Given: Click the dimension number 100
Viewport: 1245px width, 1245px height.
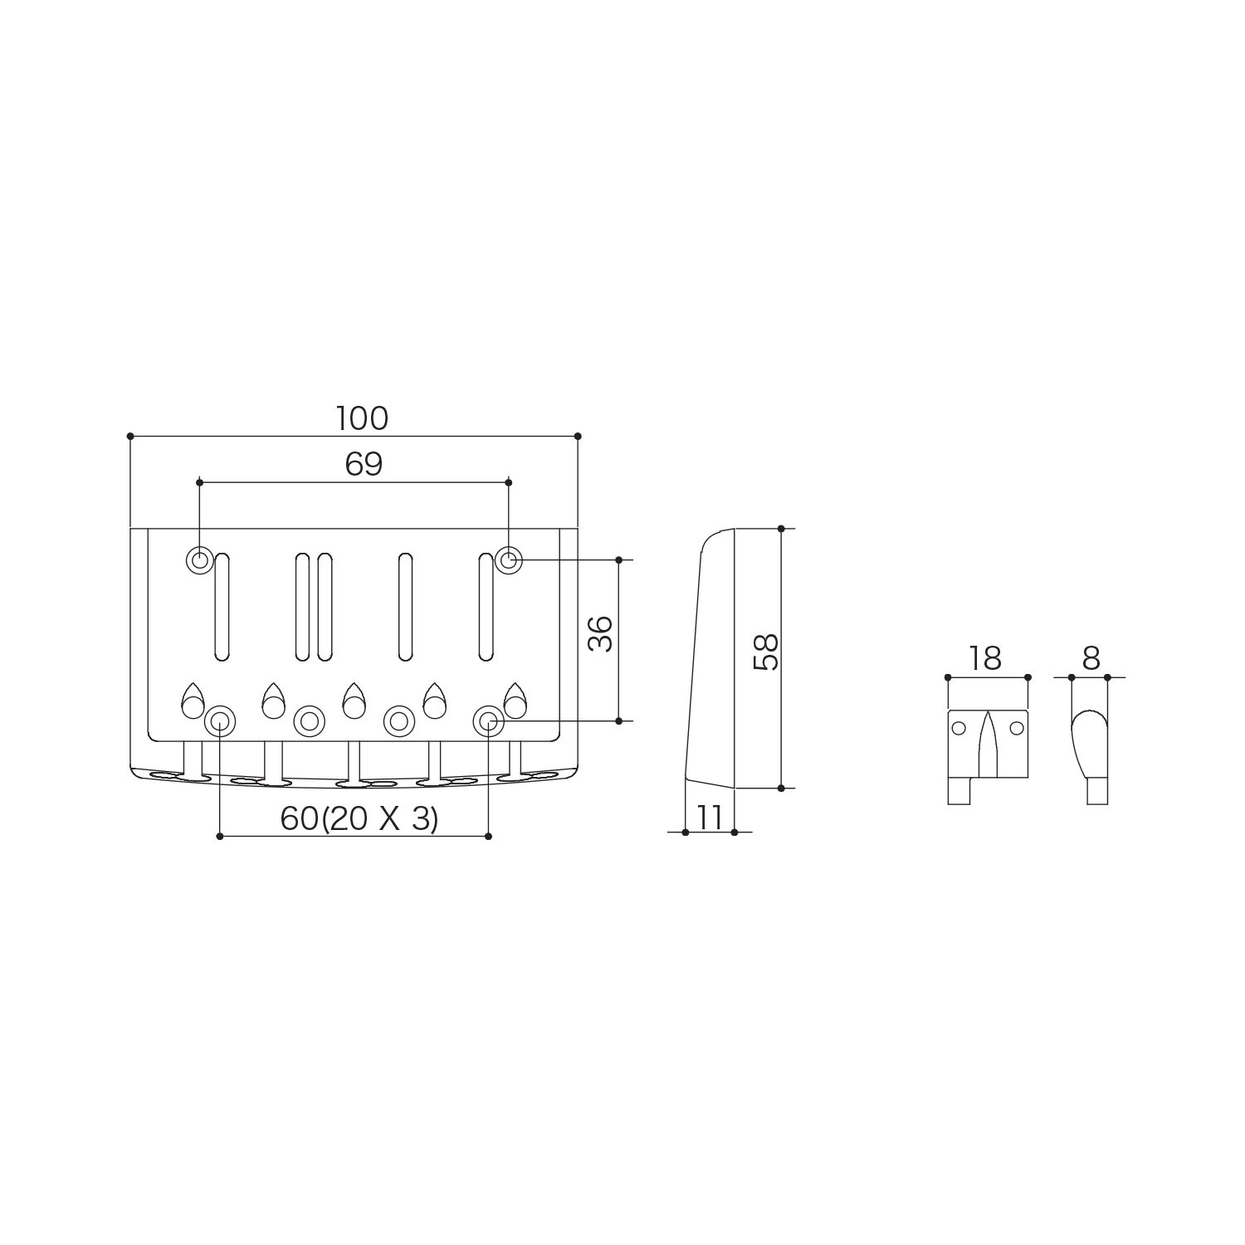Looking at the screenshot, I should click(362, 419).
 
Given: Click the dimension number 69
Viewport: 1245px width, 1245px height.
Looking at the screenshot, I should click(364, 465).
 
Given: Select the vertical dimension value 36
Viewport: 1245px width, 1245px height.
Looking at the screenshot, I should click(600, 634).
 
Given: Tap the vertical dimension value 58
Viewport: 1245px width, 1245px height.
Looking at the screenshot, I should click(765, 652).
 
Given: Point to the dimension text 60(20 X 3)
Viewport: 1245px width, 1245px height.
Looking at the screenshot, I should click(359, 819).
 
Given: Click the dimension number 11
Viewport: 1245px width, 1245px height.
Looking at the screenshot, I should click(710, 818).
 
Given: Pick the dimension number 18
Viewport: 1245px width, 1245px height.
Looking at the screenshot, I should click(985, 659).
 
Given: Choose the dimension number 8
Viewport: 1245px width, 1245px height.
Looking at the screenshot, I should click(1091, 659).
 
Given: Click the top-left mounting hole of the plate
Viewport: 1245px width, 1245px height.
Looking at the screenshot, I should click(199, 560).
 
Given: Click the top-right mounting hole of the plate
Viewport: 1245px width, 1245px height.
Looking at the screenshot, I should click(509, 560).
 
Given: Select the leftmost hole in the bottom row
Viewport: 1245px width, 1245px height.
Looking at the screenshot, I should click(219, 720).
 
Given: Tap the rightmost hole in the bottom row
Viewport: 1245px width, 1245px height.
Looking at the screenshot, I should click(488, 720).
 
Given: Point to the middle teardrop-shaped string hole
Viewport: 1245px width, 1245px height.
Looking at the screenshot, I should click(354, 702).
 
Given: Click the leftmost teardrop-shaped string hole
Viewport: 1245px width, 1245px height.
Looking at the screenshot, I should click(193, 702).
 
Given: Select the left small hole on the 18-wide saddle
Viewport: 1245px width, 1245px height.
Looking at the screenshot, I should click(959, 728).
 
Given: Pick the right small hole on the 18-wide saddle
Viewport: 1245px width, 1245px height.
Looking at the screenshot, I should click(1017, 728).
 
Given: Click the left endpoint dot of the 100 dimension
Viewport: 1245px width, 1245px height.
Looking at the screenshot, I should click(130, 436).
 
